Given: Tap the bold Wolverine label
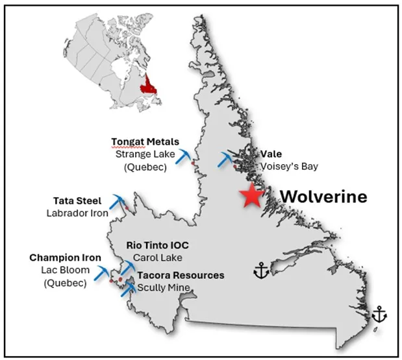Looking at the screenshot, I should pos(323,196).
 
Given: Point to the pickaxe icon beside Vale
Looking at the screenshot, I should pos(227,160).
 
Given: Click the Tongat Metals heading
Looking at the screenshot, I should pos(145,142).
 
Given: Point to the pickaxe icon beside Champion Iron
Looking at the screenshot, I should pos(103,272).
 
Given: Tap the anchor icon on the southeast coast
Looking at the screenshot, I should pos(379,316).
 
